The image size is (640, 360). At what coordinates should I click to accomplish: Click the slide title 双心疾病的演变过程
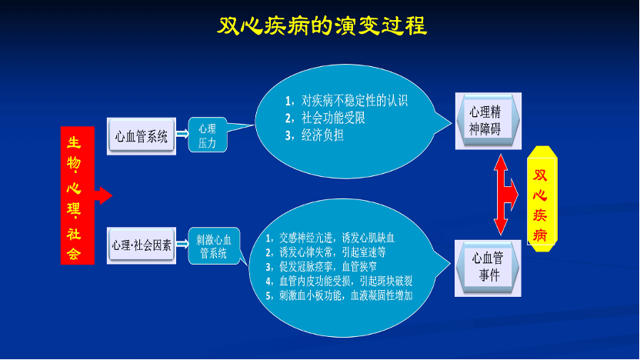tap(322, 26)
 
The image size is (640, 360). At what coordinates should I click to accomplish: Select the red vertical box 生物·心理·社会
tap(78, 195)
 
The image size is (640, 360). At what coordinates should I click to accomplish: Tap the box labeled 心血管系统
tap(142, 136)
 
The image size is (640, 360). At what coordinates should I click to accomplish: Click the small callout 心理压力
tap(208, 135)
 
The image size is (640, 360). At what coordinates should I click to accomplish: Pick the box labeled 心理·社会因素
tap(142, 245)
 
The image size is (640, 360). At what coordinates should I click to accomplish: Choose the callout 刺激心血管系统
tap(214, 245)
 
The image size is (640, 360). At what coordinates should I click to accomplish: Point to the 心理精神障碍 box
tap(488, 121)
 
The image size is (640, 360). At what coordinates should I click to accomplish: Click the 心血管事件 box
tap(488, 268)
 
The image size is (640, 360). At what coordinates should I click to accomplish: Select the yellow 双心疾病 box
tap(542, 198)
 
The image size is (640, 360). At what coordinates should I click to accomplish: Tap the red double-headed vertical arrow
tap(502, 195)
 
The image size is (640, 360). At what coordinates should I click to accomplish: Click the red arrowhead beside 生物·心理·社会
tap(104, 195)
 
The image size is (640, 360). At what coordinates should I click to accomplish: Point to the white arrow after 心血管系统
tap(182, 134)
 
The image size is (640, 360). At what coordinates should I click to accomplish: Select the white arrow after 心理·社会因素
tap(182, 244)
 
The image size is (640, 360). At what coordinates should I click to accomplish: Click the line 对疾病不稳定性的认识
tap(346, 101)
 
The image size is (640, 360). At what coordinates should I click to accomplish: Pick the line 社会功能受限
tap(325, 118)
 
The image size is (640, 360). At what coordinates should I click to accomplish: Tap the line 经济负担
tap(315, 135)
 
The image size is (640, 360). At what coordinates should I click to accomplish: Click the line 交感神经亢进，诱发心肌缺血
tap(330, 238)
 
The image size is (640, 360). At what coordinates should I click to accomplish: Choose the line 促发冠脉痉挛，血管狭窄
tap(321, 266)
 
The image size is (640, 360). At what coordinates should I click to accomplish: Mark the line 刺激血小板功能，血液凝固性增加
tap(338, 295)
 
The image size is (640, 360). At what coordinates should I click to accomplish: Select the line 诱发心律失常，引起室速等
tap(325, 252)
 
